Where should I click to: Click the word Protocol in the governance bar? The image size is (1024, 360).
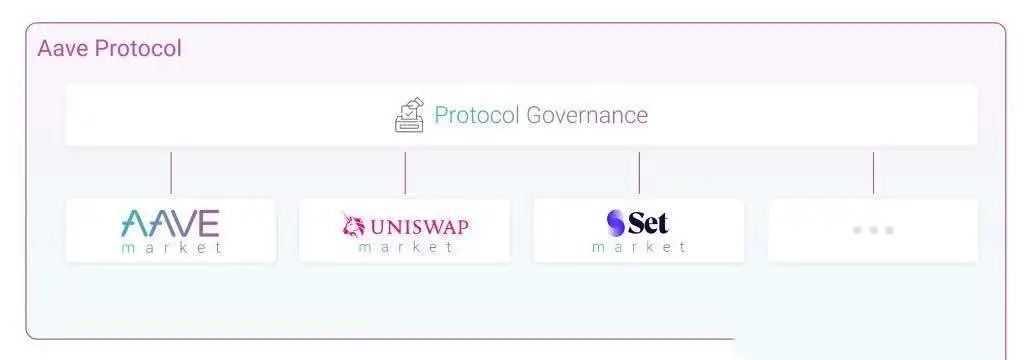coord(476,115)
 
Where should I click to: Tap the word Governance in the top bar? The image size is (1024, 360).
coord(587,115)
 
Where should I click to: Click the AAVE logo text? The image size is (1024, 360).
coord(170,222)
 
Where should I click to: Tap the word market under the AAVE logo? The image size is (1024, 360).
coord(171,247)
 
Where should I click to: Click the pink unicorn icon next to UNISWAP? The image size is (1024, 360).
coord(353,225)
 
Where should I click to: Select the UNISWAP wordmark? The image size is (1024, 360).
coord(419,226)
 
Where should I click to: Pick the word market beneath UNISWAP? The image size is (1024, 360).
coord(405,247)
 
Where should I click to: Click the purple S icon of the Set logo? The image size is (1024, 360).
coord(615,223)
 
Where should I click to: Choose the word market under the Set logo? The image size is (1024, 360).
coord(639,247)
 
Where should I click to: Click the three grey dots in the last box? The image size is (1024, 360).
coord(872,230)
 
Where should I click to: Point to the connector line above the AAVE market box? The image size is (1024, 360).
coord(171,172)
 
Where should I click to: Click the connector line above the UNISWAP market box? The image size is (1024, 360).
coord(405,172)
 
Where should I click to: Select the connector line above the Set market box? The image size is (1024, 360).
coord(639,172)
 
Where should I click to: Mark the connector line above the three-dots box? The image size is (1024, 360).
coord(873,172)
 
